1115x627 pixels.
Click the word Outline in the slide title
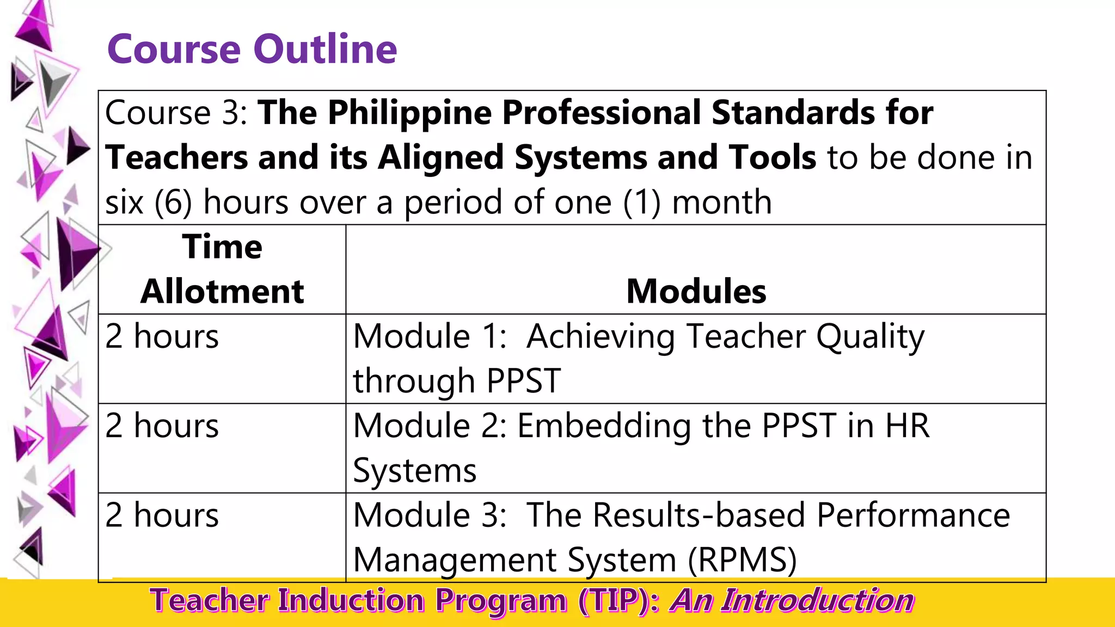[325, 49]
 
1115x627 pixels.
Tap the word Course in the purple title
[174, 49]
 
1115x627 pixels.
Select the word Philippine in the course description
[409, 113]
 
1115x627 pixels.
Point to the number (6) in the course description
[173, 202]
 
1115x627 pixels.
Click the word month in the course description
[722, 202]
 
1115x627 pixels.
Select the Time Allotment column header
[222, 269]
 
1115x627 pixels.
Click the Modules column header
[696, 291]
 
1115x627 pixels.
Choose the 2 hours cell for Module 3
[162, 515]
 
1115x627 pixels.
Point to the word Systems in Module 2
[414, 470]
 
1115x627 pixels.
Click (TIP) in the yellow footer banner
[618, 601]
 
